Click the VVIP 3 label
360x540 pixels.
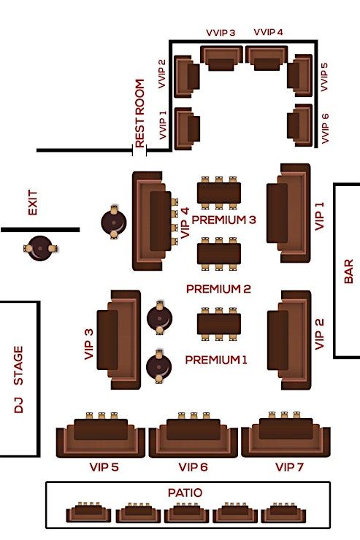click(x=221, y=33)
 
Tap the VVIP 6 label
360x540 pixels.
click(x=325, y=128)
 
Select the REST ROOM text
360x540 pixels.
click(x=139, y=113)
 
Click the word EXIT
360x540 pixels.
click(x=32, y=203)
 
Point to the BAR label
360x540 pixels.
click(x=348, y=271)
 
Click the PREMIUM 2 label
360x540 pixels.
click(x=218, y=289)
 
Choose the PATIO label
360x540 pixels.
click(x=185, y=493)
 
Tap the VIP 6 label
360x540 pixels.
click(x=193, y=467)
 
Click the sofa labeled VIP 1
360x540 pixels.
click(x=288, y=213)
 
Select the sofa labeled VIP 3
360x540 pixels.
click(x=119, y=340)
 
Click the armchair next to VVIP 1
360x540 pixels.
click(x=188, y=128)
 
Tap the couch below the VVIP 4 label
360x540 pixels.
click(x=267, y=58)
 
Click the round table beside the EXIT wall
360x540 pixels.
click(x=40, y=248)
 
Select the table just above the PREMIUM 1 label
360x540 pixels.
click(x=219, y=324)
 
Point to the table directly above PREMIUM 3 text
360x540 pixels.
click(x=219, y=193)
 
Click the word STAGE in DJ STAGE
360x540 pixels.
click(x=18, y=366)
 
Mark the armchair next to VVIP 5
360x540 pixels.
click(x=299, y=75)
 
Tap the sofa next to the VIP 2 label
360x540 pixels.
click(x=289, y=340)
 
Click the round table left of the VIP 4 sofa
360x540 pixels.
click(x=114, y=222)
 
